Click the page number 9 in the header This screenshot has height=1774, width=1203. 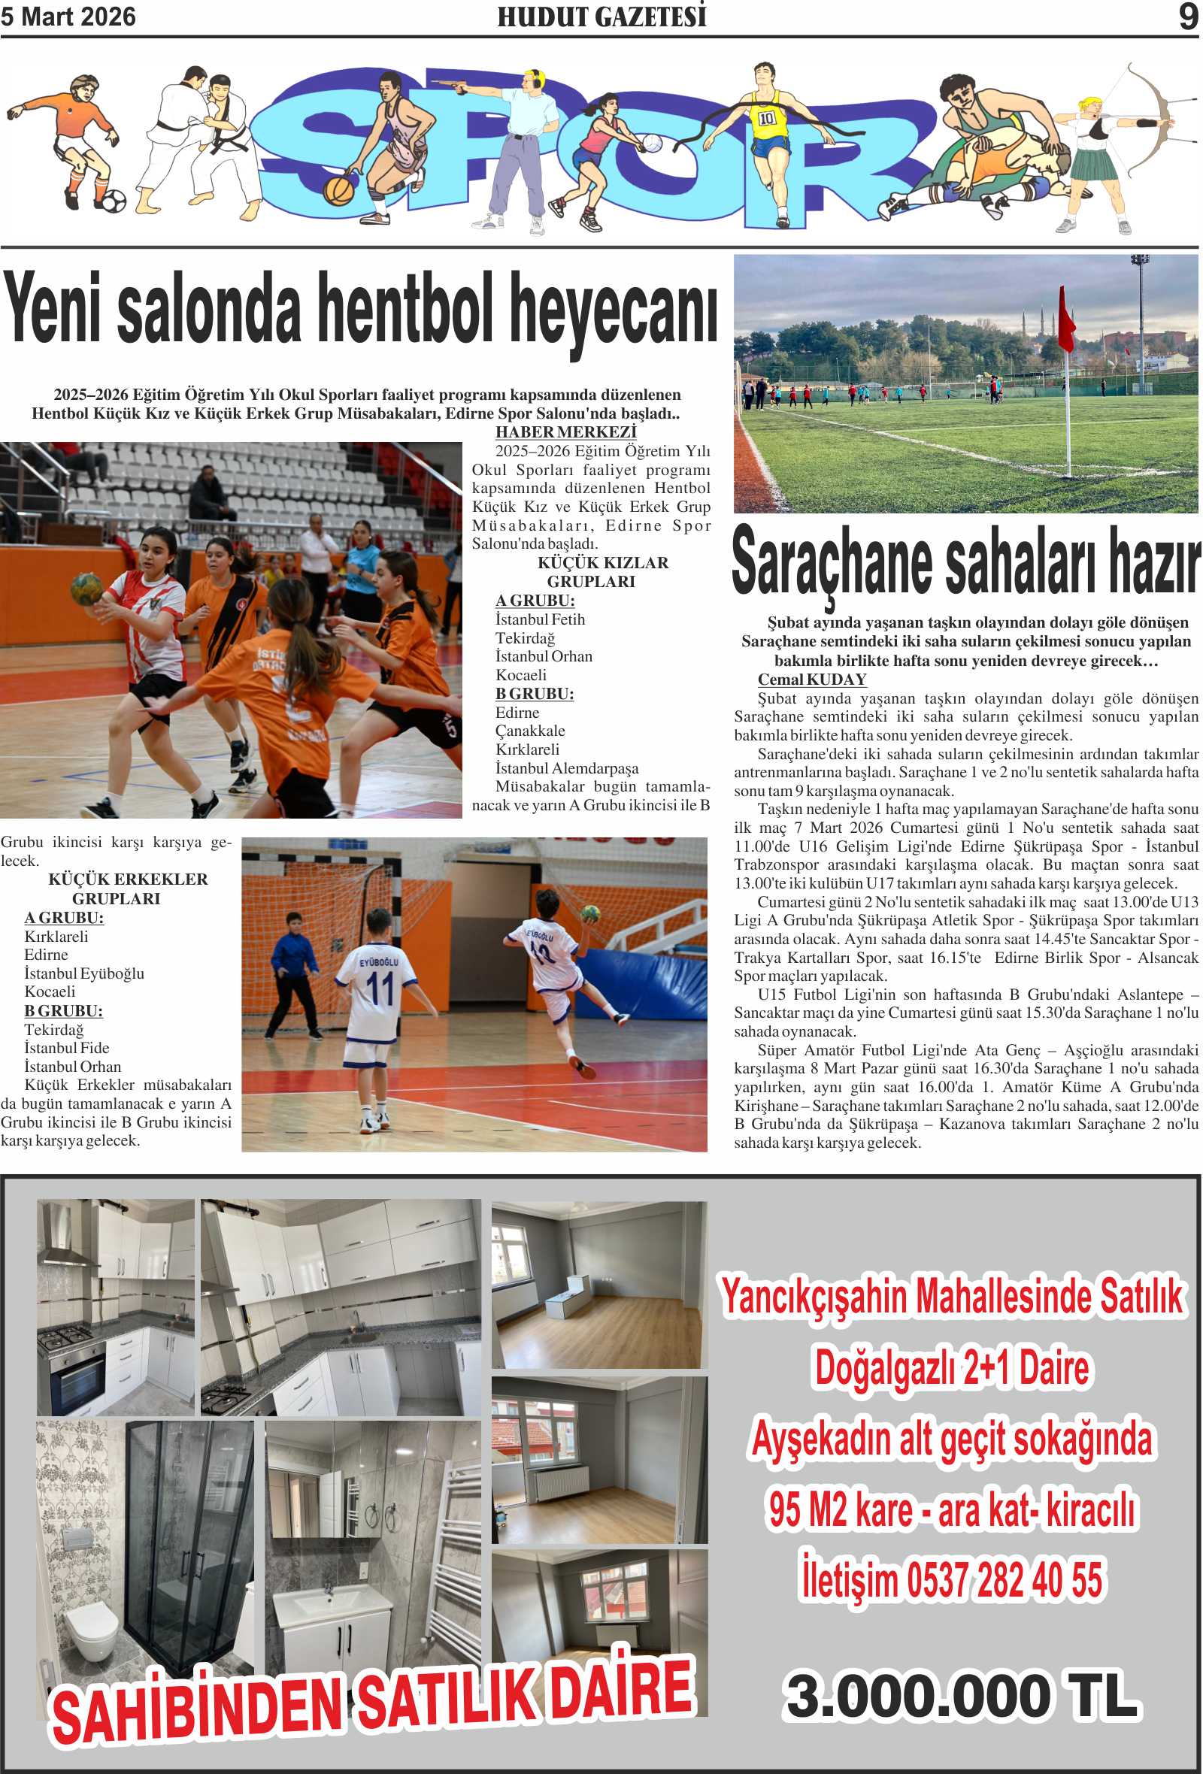(x=1188, y=17)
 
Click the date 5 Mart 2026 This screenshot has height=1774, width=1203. (x=68, y=17)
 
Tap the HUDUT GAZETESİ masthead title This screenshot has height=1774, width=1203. (x=601, y=17)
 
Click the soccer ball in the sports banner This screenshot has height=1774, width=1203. (x=113, y=201)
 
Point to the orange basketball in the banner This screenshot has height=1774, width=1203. (x=338, y=189)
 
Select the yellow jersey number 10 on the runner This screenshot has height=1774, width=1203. (x=766, y=118)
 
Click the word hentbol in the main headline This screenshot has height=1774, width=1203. (x=404, y=309)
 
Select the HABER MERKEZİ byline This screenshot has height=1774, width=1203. (x=565, y=432)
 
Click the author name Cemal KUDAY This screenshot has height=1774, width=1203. (x=811, y=680)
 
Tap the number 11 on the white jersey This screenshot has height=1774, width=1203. (x=380, y=988)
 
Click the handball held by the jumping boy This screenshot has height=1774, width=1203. (x=589, y=913)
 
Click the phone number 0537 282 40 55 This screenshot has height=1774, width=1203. (x=1004, y=1580)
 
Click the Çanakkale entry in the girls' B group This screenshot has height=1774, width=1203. (x=531, y=731)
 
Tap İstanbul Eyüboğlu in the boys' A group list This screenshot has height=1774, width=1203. (x=84, y=973)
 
